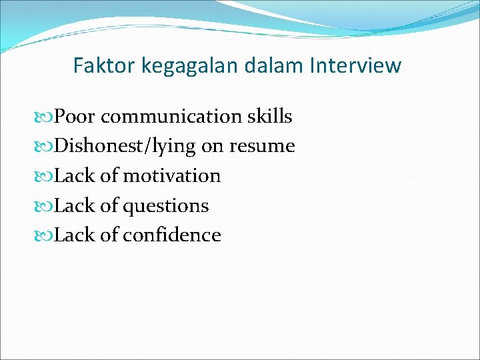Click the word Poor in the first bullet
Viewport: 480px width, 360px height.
click(75, 117)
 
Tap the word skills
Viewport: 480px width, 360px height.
click(269, 117)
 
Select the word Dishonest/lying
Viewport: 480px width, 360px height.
click(125, 147)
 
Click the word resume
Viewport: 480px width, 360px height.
click(262, 147)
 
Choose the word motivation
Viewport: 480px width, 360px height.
click(171, 176)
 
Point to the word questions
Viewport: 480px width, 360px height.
click(165, 206)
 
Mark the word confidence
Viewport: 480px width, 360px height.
click(171, 235)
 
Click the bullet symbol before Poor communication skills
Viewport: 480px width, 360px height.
click(47, 117)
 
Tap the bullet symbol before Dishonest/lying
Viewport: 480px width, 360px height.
click(47, 147)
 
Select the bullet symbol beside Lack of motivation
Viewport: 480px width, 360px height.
click(47, 177)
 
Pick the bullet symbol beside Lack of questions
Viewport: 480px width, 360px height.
click(47, 206)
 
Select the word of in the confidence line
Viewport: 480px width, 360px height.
click(109, 235)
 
